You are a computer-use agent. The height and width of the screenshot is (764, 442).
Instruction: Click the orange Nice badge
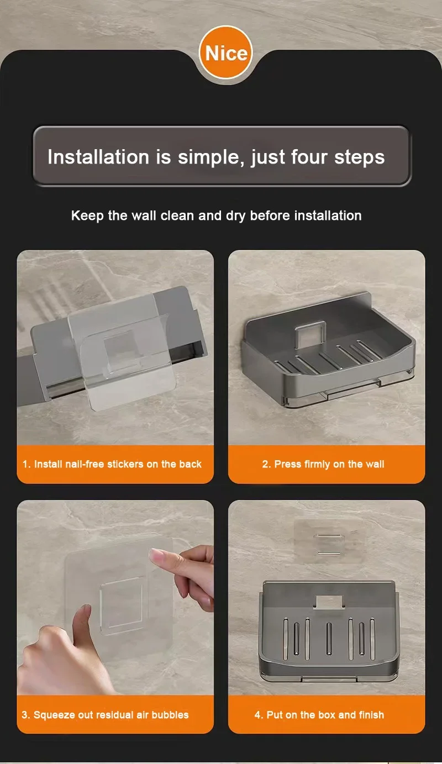226,53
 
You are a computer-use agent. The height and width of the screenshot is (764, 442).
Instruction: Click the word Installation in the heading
98,157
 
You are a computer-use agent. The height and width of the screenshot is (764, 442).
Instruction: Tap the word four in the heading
309,157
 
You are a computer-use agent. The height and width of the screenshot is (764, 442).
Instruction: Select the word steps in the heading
360,158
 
